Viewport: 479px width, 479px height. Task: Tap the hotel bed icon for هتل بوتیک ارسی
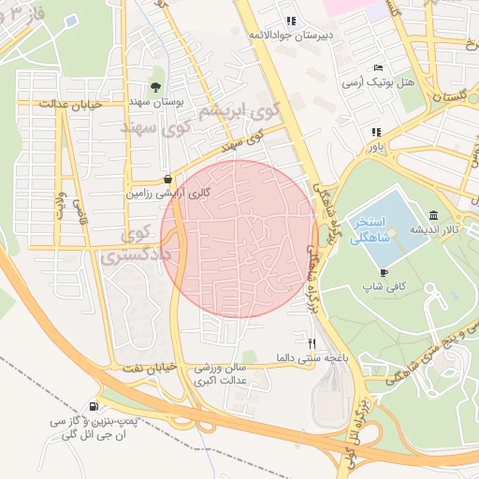(x=378, y=68)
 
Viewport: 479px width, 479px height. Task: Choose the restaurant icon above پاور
(x=376, y=132)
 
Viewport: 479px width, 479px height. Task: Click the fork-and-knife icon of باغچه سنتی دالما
(x=312, y=343)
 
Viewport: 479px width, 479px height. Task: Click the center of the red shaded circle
(x=239, y=239)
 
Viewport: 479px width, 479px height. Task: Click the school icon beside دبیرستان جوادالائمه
(x=291, y=20)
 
